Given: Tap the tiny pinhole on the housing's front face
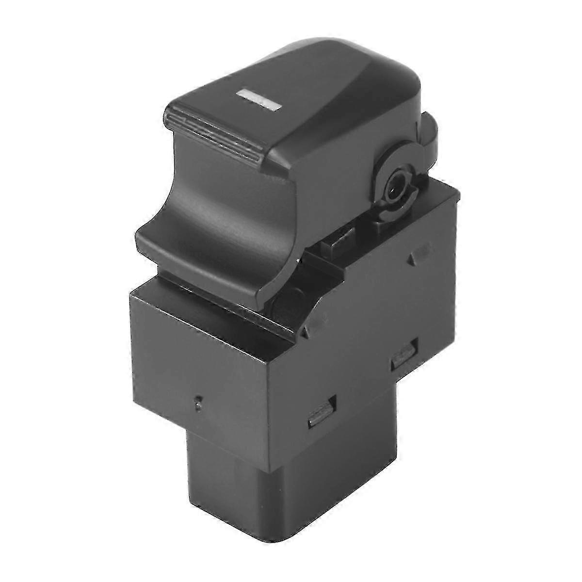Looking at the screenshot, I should [x=197, y=402].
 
